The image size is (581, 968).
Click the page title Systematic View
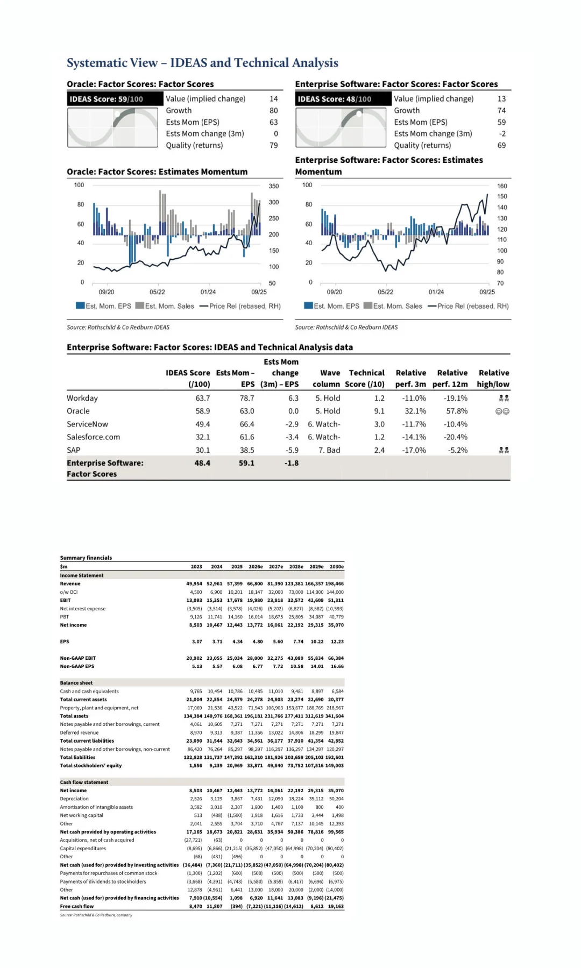tap(112, 63)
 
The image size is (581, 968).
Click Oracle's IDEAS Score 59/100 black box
tap(115, 99)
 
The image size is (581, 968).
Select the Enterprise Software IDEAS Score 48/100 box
tap(343, 99)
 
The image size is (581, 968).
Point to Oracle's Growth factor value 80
tap(273, 111)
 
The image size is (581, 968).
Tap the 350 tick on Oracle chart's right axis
tap(274, 186)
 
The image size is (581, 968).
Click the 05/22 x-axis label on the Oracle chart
tap(157, 292)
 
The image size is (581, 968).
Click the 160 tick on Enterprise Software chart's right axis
tap(502, 186)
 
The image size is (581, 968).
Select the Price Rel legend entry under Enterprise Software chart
tap(468, 306)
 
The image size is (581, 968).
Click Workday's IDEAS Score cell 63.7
tap(202, 398)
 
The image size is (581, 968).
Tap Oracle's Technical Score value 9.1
tap(379, 411)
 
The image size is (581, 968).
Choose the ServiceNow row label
tap(87, 424)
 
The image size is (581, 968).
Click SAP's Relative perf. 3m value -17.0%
tap(414, 451)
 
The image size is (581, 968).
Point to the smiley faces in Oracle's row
tap(502, 411)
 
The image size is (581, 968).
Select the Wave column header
tap(330, 373)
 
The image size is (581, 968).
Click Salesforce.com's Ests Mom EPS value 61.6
tap(247, 437)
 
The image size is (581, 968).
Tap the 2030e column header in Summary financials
tap(336, 567)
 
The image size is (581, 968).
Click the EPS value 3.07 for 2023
tap(197, 642)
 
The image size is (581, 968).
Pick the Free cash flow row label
tap(77, 906)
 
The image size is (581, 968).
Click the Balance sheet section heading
tap(76, 683)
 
